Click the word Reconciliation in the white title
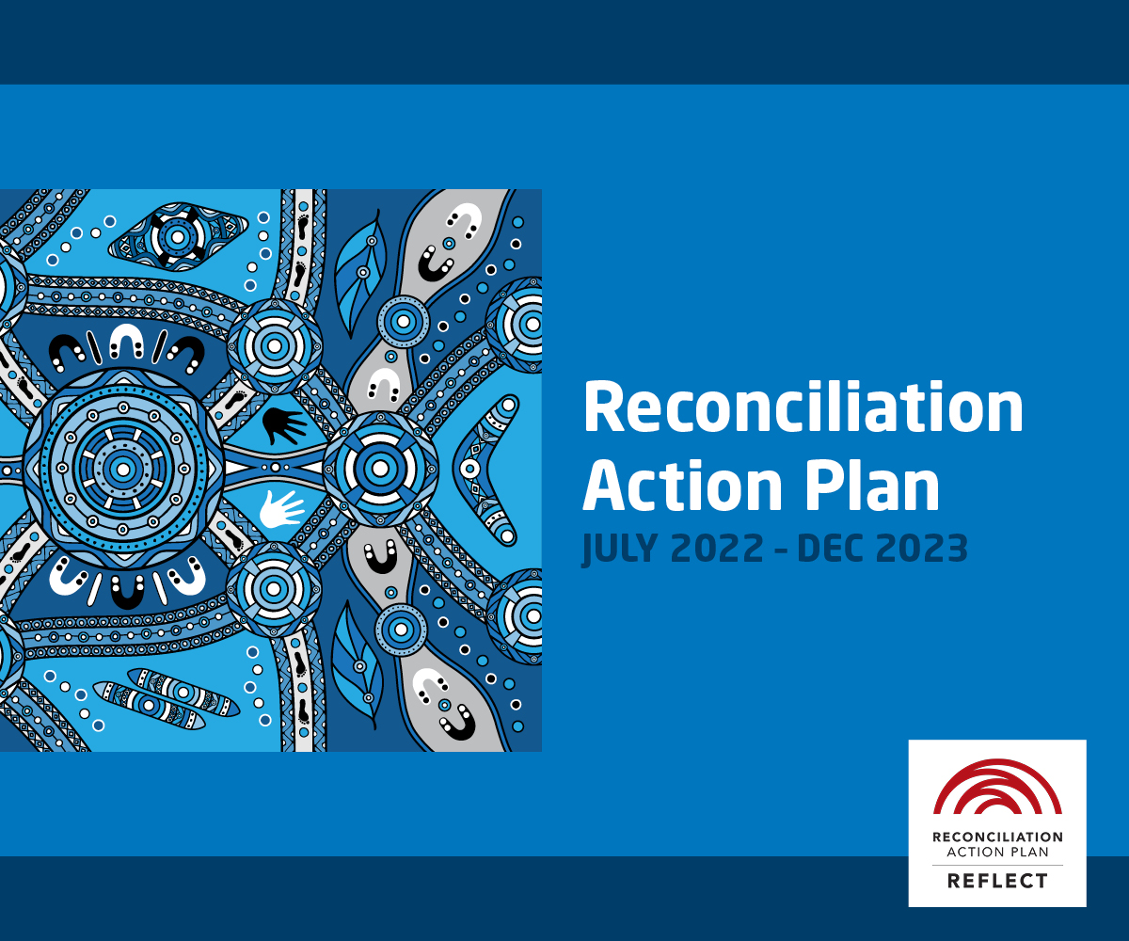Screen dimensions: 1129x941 pyautogui.click(x=803, y=407)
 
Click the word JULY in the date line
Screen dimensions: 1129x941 pyautogui.click(x=620, y=549)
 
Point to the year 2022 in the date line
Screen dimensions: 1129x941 pyautogui.click(x=717, y=549)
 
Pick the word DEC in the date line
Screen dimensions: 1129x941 pyautogui.click(x=831, y=549)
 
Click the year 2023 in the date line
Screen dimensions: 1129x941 pyautogui.click(x=921, y=549)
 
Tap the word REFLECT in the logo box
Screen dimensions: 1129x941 pyautogui.click(x=997, y=881)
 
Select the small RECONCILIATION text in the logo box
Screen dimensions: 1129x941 pyautogui.click(x=997, y=837)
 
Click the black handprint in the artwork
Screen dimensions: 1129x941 pyautogui.click(x=283, y=425)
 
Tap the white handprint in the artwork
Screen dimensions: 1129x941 pyautogui.click(x=281, y=509)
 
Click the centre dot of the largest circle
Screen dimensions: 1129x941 pyautogui.click(x=122, y=469)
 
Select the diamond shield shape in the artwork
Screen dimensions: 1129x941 pyautogui.click(x=178, y=237)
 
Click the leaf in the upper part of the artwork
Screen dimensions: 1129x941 pyautogui.click(x=359, y=273)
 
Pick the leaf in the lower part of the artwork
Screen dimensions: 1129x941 pyautogui.click(x=356, y=665)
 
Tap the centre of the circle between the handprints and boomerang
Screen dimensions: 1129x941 pyautogui.click(x=380, y=469)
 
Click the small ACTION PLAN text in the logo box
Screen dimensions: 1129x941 pyautogui.click(x=997, y=853)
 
